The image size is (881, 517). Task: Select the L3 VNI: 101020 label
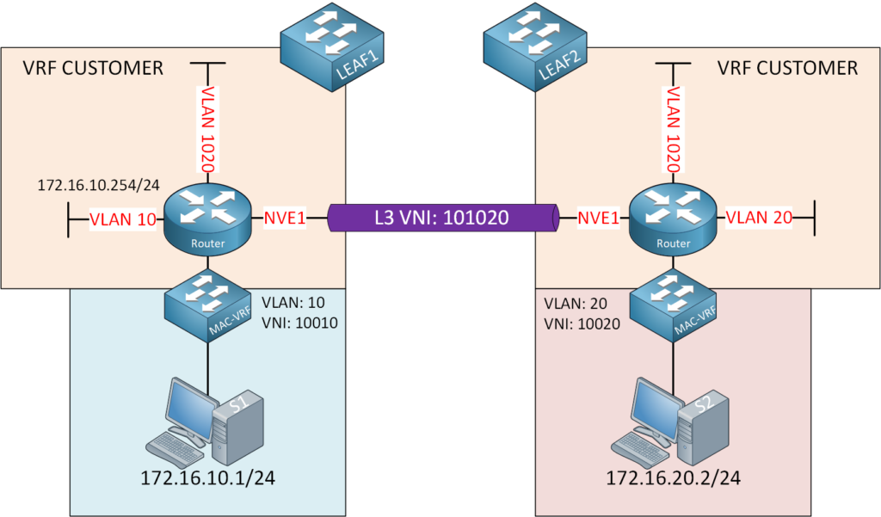click(442, 218)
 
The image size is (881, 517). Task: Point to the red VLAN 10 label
click(122, 220)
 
